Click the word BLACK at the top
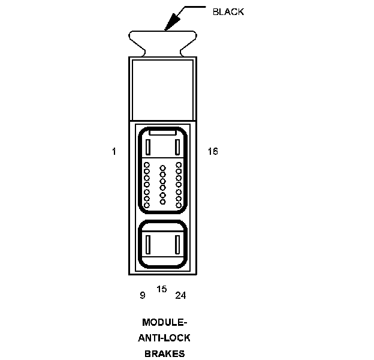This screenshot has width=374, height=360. click(x=228, y=11)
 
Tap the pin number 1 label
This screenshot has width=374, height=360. click(x=114, y=152)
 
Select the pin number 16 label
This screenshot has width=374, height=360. click(x=213, y=152)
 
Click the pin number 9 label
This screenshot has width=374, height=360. click(x=142, y=295)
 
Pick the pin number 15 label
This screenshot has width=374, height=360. click(x=162, y=289)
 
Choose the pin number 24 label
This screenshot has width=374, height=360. click(x=180, y=295)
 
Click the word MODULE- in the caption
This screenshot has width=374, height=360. click(x=164, y=322)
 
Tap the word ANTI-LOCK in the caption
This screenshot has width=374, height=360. click(x=164, y=338)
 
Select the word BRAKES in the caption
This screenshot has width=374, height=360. click(x=164, y=353)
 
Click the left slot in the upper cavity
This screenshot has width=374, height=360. click(x=147, y=146)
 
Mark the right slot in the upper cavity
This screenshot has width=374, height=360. click(x=177, y=146)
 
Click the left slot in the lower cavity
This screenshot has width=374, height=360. click(x=147, y=244)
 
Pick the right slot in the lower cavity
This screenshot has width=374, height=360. click(x=177, y=244)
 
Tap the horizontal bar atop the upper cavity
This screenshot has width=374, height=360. click(x=162, y=131)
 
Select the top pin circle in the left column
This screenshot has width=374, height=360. click(x=147, y=163)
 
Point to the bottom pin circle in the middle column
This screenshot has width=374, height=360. click(x=162, y=202)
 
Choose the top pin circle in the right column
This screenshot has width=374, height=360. click(x=179, y=163)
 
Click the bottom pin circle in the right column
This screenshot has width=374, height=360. click(x=179, y=206)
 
